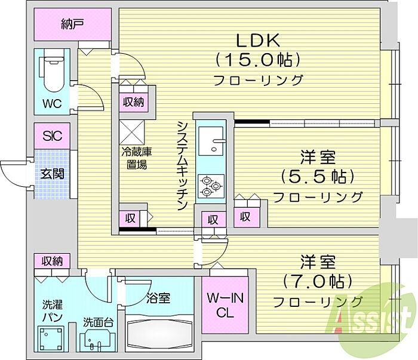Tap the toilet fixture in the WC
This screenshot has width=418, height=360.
coord(53,73)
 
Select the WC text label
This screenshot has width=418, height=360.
coord(52,103)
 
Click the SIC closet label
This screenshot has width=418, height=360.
coord(53,136)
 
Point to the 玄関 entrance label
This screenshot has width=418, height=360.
coord(53,174)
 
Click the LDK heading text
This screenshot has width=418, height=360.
coord(258,41)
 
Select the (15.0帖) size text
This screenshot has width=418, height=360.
coord(259,60)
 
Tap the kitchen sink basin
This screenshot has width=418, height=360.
coord(211,141)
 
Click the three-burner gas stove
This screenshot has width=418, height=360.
coord(211,186)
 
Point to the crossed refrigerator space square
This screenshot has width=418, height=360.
coord(132,132)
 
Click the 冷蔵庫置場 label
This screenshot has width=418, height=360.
coord(137,158)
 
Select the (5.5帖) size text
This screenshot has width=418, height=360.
coord(318,177)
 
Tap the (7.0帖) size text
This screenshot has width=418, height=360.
coord(318,281)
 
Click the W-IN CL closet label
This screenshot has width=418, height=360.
coord(225,305)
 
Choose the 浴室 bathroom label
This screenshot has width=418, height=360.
coord(159,298)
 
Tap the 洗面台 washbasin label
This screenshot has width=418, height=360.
coord(99,322)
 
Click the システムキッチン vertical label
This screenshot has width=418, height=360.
coord(183,165)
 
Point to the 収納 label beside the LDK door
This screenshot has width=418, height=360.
coord(133,102)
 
